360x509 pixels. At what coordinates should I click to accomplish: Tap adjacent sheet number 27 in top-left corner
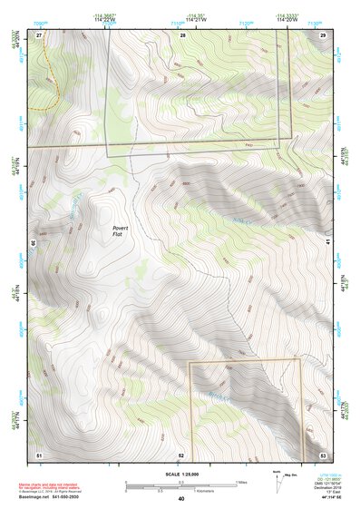(x=39, y=34)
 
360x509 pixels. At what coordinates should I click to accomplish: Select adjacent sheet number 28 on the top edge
(x=182, y=34)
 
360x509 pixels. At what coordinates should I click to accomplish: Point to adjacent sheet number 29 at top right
(x=323, y=34)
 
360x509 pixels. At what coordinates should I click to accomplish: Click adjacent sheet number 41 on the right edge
(x=327, y=243)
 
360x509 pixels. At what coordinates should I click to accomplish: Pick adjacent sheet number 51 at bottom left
(x=39, y=454)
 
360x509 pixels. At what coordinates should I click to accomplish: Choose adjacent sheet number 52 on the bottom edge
(x=181, y=454)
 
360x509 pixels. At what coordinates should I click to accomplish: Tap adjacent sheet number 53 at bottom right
(x=323, y=454)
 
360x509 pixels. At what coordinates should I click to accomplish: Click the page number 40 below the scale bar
(x=181, y=498)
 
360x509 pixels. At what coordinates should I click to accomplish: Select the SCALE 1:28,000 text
(x=181, y=475)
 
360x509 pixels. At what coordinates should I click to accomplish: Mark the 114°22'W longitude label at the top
(x=105, y=20)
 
